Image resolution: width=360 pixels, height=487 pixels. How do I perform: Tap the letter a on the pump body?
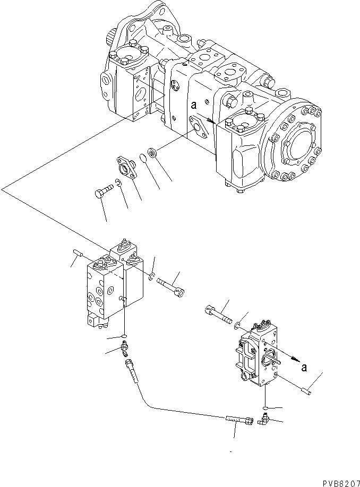pos(194,106)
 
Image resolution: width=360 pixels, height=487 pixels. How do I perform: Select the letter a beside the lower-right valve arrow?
pos(304,368)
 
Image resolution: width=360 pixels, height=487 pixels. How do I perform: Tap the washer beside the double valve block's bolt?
pos(152,276)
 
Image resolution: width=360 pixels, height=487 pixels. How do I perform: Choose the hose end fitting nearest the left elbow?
pos(130,366)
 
